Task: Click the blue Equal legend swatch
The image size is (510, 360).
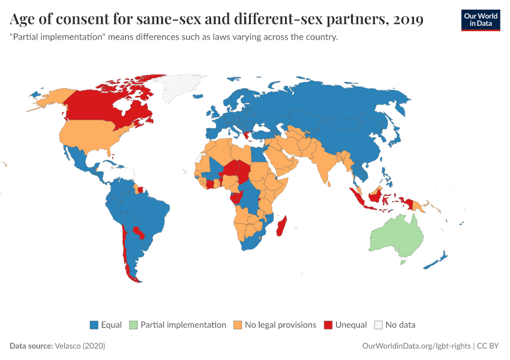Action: click(94, 325)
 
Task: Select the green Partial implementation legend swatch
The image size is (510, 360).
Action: click(134, 325)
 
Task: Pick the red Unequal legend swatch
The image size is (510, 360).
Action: click(328, 325)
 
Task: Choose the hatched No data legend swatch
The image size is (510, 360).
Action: click(378, 325)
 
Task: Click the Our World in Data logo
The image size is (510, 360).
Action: click(480, 20)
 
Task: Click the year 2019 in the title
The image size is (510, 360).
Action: click(409, 20)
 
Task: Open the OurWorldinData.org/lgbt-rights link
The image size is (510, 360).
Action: click(417, 346)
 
